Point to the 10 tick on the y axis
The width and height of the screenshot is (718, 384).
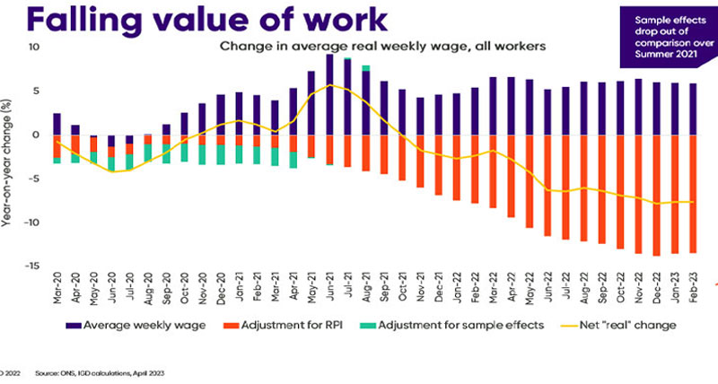click(35, 48)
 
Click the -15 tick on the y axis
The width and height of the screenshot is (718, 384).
click(33, 266)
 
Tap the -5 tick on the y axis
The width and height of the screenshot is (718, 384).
click(35, 179)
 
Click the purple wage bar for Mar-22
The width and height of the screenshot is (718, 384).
click(493, 106)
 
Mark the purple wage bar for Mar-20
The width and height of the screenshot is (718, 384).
click(57, 124)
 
